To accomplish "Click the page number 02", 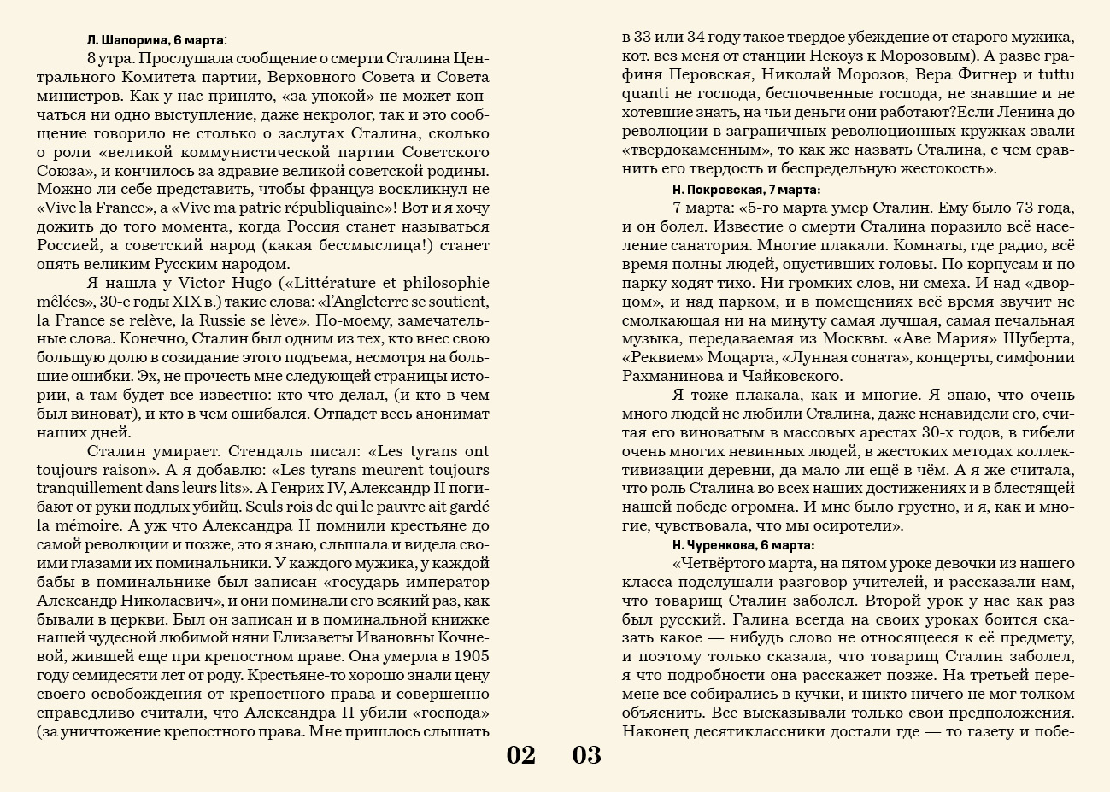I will (x=520, y=755).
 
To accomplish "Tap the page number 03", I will (x=587, y=755).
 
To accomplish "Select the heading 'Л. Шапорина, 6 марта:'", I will (x=157, y=40).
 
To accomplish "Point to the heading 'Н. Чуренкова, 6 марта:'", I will (x=743, y=544).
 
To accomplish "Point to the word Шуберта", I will (x=1042, y=339).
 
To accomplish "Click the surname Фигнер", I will (x=975, y=75).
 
